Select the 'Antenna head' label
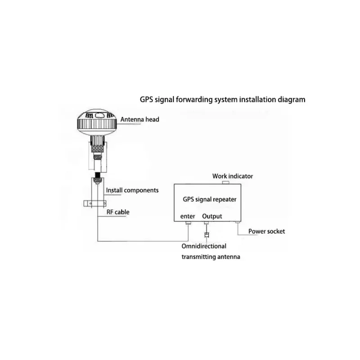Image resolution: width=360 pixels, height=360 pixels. [x=139, y=119]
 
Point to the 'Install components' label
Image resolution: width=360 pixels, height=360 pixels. [x=132, y=190]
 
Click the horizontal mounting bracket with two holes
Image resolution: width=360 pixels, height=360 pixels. [x=93, y=203]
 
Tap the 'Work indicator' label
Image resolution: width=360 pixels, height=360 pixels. [x=233, y=176]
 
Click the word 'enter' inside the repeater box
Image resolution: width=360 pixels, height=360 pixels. [x=188, y=216]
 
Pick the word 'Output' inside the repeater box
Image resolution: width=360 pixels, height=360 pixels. [x=212, y=216]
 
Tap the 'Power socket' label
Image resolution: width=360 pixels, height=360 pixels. [x=267, y=231]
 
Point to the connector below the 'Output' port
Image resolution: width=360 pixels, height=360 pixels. [x=207, y=224]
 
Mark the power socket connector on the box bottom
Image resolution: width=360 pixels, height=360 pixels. [x=237, y=224]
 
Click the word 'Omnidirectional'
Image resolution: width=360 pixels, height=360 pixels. [x=204, y=246]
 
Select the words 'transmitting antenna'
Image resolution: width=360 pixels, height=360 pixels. [x=211, y=257]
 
